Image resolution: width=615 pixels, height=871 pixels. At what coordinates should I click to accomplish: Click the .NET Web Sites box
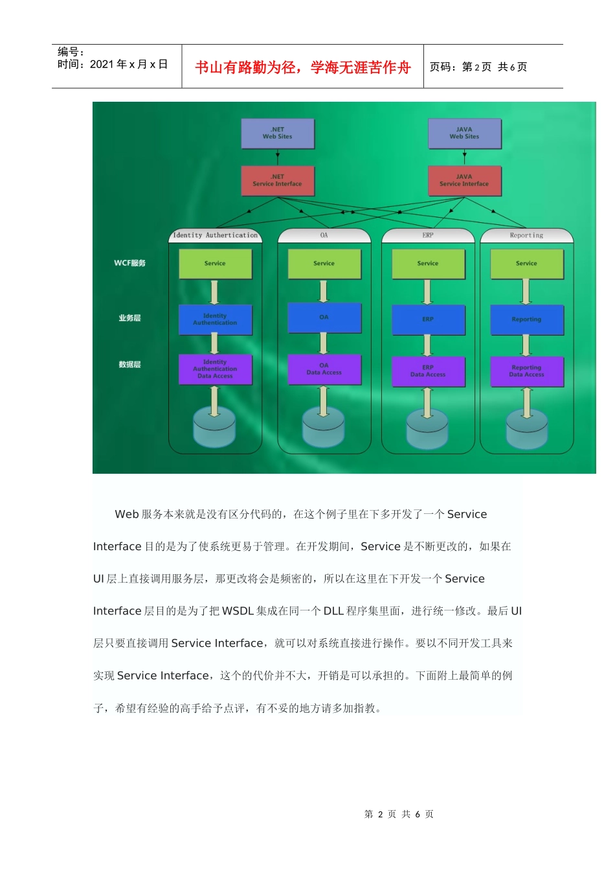click(277, 134)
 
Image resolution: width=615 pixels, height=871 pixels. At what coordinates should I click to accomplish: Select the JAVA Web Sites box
click(464, 134)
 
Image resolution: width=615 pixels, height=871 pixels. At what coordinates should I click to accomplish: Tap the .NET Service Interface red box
click(277, 181)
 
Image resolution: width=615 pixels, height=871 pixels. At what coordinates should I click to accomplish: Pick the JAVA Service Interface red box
click(464, 181)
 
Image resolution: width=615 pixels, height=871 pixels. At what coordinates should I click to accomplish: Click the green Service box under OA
click(324, 264)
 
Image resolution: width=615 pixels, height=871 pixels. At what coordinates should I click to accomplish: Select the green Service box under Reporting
click(526, 264)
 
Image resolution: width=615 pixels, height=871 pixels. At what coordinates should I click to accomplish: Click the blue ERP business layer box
click(428, 319)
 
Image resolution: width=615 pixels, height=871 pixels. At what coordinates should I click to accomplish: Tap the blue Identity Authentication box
click(215, 319)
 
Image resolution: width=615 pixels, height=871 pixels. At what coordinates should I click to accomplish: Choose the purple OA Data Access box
click(324, 369)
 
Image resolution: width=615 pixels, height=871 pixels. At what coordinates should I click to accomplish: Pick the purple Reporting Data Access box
click(526, 371)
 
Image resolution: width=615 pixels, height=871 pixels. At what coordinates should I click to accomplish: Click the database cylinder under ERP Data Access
click(427, 428)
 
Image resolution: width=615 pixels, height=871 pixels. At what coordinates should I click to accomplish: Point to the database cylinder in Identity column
click(214, 427)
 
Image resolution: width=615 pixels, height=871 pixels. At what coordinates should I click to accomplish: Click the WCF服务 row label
click(130, 263)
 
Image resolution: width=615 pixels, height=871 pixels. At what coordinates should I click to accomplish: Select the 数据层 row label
click(129, 365)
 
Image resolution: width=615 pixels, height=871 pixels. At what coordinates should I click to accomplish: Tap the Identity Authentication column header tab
click(215, 235)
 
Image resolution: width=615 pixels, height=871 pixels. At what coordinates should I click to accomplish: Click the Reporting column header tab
click(526, 235)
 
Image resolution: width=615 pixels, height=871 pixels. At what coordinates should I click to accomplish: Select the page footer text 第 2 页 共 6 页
click(399, 814)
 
